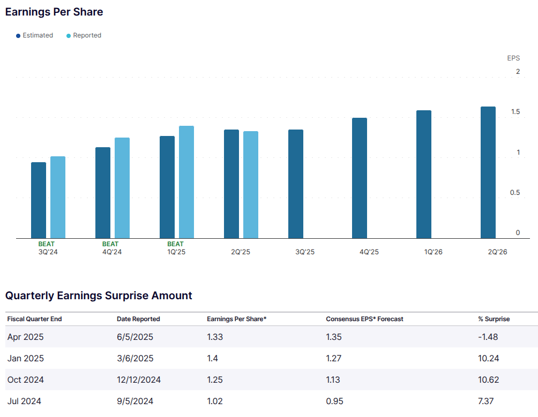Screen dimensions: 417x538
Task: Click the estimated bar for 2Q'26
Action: coord(488,172)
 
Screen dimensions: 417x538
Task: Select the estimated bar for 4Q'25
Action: coord(360,178)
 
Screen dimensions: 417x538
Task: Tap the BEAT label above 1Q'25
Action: coord(175,244)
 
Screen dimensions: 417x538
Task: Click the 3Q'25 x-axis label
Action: coord(305,252)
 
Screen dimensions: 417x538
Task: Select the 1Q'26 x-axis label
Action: coord(433,252)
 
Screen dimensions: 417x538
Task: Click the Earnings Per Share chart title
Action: coord(54,12)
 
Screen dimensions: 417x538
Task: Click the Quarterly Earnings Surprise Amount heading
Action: coord(99,295)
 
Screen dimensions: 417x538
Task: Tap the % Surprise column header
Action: coord(494,319)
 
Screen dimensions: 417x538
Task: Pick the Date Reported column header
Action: coord(138,319)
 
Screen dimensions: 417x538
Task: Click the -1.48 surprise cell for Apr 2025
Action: coord(488,337)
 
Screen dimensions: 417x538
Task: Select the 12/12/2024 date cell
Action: coord(138,380)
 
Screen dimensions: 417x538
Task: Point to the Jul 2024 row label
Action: coord(24,401)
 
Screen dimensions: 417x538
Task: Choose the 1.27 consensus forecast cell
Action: coord(334,359)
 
